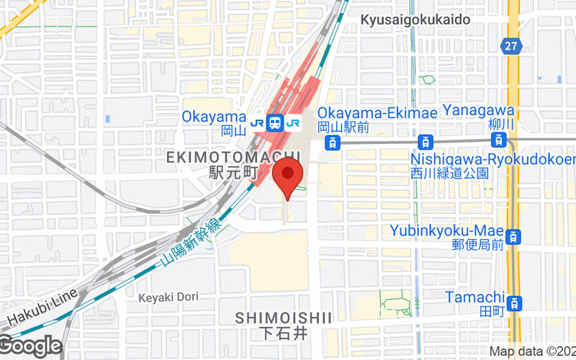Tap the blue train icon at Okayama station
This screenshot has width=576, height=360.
coord(275,123)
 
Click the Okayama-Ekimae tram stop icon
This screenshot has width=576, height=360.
coord(331,142)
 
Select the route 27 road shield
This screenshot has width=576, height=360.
coord(510,45)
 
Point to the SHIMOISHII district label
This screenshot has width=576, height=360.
coord(283,318)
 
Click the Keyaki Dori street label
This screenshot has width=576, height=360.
coord(168,297)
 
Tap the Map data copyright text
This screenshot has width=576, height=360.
coord(531,351)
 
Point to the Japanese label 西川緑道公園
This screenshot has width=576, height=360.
coord(450,174)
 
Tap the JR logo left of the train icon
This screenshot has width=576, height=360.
coord(257,123)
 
